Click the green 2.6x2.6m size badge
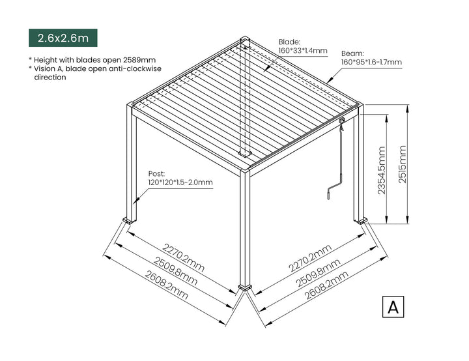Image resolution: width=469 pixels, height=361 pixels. coord(63,38)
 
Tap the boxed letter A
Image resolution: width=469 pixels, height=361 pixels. coord(392,307)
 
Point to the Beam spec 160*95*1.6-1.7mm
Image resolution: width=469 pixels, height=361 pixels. coord(371,63)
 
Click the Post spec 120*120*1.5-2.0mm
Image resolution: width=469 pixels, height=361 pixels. coord(180,182)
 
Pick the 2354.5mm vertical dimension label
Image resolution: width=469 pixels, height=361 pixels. coord(382,170)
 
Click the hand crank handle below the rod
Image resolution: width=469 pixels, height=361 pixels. coord(330,192)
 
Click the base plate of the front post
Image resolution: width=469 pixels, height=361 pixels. coord(245,286)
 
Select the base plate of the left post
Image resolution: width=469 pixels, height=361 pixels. coord(130,220)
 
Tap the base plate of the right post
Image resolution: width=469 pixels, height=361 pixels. coord(360,220)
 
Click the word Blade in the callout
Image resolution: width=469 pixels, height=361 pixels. coord(290,40)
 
